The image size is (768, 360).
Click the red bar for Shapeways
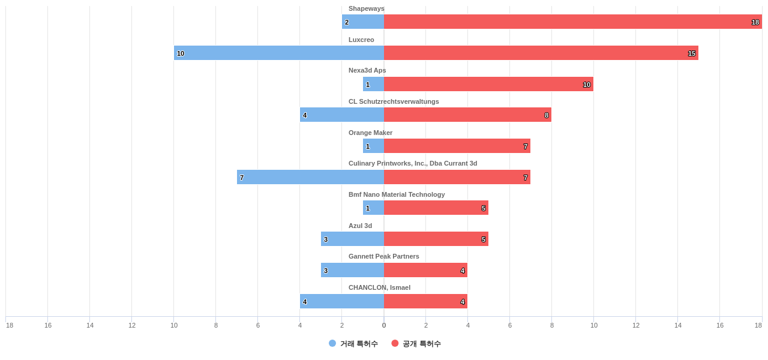tap(573, 22)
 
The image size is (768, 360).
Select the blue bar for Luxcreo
tap(279, 53)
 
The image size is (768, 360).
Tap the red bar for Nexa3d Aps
tap(488, 84)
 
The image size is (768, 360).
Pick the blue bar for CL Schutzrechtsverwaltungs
tap(342, 115)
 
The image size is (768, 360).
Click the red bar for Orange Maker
tap(457, 146)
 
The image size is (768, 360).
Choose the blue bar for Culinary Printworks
tap(310, 177)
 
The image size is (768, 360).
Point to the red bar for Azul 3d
tap(436, 239)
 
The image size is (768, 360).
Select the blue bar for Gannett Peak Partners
tap(352, 270)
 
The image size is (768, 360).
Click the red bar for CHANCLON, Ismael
tap(425, 301)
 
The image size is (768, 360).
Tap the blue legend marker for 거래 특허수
tap(332, 343)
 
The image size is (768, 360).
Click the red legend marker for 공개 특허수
tap(395, 343)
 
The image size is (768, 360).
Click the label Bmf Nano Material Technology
tap(397, 194)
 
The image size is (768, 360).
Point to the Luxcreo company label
tap(361, 40)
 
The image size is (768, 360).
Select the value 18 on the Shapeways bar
tap(755, 22)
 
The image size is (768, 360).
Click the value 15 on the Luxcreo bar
tap(692, 53)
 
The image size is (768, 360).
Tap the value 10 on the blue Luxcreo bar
tap(181, 53)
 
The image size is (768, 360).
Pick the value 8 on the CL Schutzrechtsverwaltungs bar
tap(547, 115)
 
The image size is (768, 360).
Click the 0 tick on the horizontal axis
tap(384, 325)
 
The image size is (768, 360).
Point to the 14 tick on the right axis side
tap(678, 325)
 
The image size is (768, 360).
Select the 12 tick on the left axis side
tap(132, 325)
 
